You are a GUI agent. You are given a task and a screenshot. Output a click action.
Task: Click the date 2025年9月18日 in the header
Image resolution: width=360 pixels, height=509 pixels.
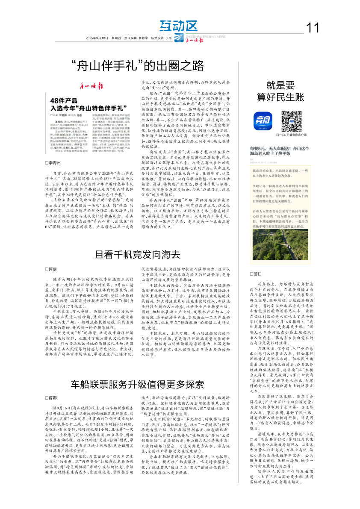[x=96, y=38]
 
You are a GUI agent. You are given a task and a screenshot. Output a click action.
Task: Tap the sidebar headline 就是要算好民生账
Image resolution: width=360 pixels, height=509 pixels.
[x=281, y=91]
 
